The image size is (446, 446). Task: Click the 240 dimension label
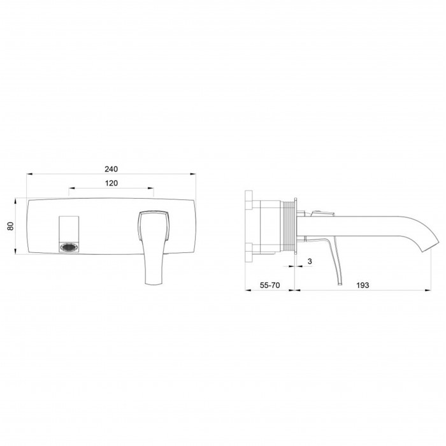111,169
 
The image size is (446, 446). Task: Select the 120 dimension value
111,183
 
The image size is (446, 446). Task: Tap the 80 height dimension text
11,226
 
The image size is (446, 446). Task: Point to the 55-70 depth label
270,285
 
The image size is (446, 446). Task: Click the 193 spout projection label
363,285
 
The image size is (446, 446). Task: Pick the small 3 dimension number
310,261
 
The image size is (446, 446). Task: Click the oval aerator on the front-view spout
69,247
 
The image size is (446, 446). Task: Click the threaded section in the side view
287,226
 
